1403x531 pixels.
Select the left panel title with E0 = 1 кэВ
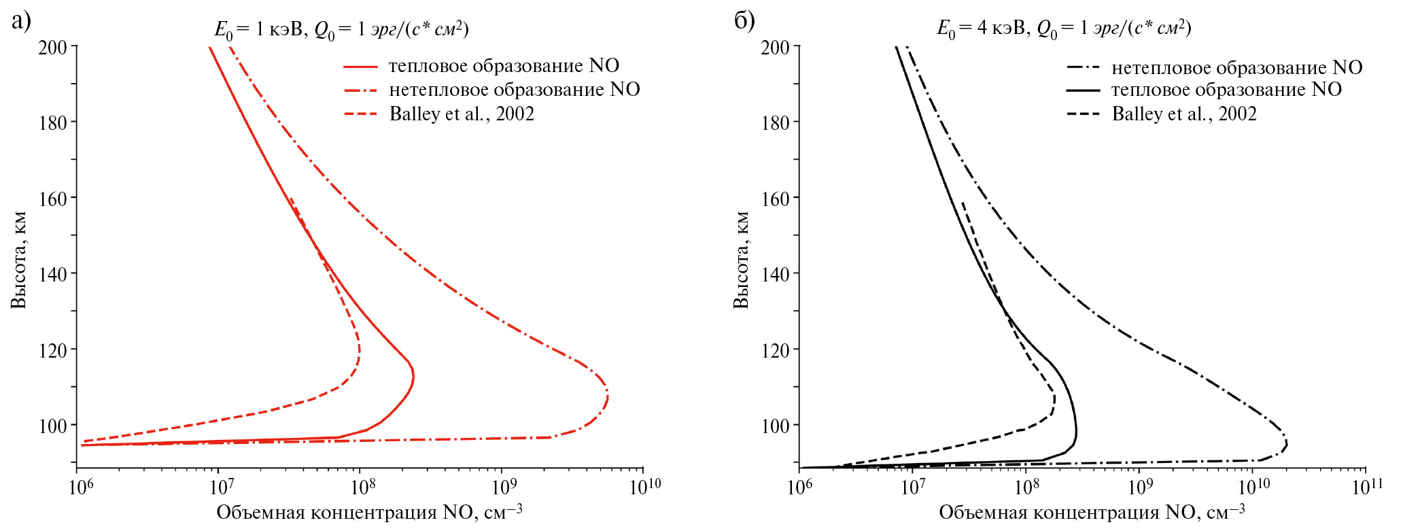341,29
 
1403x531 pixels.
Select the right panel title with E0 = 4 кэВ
1064,29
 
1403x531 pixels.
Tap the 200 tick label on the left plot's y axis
52,47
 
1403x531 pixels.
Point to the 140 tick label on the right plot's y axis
775,274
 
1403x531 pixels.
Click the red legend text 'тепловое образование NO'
504,66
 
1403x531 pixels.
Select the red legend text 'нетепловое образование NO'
514,90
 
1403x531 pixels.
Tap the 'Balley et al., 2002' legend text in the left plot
462,114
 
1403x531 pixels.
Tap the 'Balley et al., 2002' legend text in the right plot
1184,114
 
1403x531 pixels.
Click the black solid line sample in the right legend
1083,90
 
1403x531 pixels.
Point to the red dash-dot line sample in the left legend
360,90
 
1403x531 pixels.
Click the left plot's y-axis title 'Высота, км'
19,260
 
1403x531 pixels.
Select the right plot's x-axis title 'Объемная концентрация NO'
1092,512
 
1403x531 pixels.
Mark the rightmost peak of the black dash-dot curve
1287,444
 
